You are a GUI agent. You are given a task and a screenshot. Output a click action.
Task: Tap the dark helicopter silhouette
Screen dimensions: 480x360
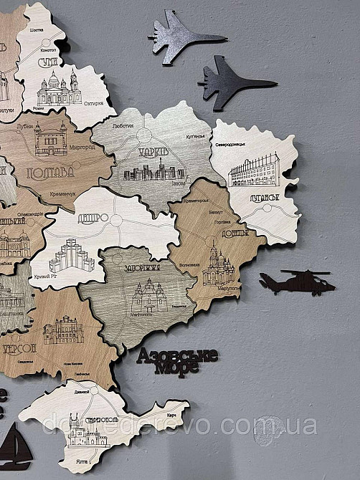click(x=293, y=282)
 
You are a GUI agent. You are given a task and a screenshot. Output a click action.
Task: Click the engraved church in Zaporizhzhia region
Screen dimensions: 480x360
click(x=147, y=295)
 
